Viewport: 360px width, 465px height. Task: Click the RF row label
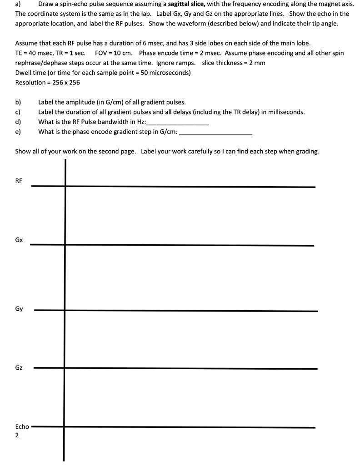click(19, 181)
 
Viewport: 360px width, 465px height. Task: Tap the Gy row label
click(19, 309)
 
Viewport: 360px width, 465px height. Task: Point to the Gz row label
click(19, 367)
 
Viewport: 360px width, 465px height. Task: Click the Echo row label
click(22, 426)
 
